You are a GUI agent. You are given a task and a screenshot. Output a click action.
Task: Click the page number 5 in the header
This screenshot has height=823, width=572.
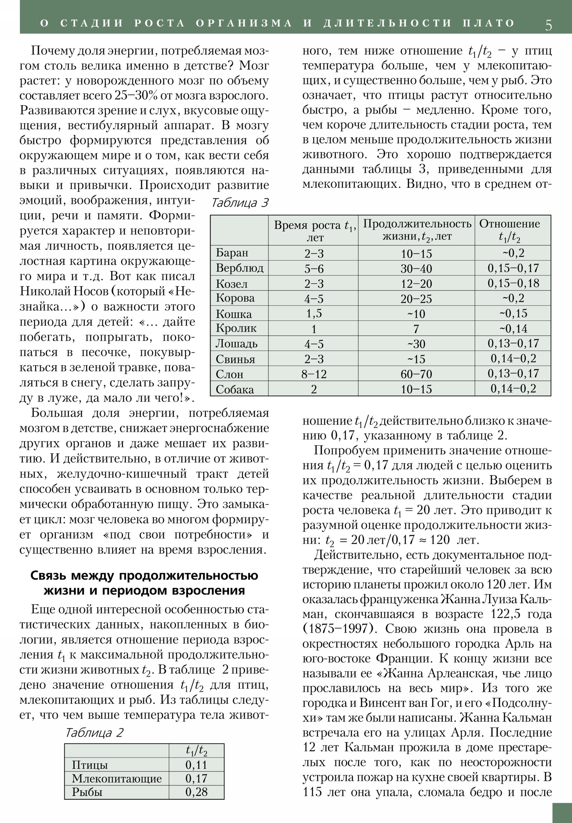[548, 24]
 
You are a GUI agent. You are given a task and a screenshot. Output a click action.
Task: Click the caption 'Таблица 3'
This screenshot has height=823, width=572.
[240, 203]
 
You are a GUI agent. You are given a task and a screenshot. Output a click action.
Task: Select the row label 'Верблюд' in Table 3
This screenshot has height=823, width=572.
[239, 268]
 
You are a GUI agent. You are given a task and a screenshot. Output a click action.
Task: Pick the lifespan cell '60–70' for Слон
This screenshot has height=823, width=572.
[416, 374]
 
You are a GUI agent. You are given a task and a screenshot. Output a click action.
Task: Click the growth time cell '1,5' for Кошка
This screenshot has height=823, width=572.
[314, 314]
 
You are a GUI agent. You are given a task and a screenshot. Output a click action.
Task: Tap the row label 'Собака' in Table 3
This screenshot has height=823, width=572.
[235, 389]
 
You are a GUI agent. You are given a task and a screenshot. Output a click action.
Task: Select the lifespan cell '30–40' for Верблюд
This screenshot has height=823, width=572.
[416, 268]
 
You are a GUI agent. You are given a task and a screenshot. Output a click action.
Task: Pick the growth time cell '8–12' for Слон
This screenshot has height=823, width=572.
[314, 374]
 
